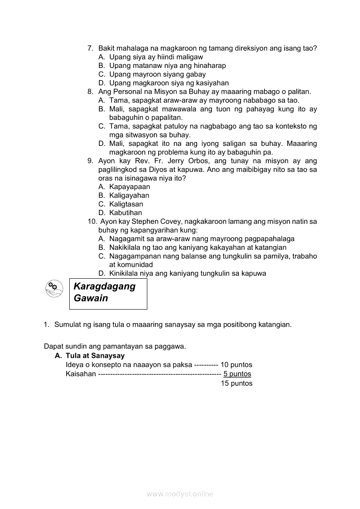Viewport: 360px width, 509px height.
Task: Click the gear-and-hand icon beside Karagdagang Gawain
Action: [x=54, y=289]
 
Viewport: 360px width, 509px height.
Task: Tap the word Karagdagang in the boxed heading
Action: [x=105, y=287]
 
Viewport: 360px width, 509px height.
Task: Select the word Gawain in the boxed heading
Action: [x=91, y=299]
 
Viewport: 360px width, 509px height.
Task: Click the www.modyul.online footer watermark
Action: [x=180, y=494]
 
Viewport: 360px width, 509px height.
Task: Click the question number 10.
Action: [x=92, y=222]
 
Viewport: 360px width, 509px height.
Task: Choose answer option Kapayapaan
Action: [x=129, y=187]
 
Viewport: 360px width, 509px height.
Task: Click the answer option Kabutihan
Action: [x=126, y=213]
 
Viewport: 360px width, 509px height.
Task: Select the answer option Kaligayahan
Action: [x=129, y=196]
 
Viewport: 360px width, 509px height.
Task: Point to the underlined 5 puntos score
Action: [x=237, y=374]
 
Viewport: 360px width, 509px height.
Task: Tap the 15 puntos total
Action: [x=237, y=384]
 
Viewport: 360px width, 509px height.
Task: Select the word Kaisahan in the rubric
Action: [x=81, y=374]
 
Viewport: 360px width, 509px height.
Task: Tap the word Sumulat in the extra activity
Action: [x=68, y=324]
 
